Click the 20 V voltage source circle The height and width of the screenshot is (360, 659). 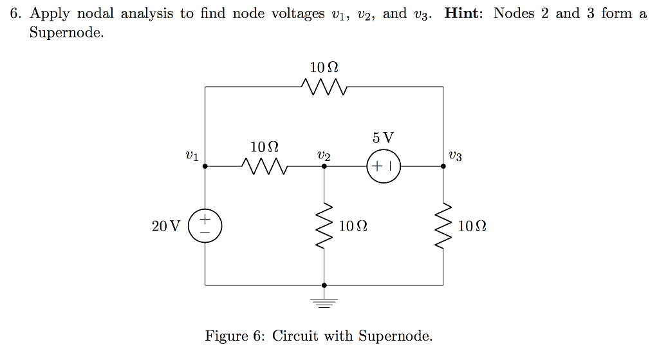pyautogui.click(x=205, y=225)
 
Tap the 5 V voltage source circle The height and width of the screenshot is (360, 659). pyautogui.click(x=384, y=166)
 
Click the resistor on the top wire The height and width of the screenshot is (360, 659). pyautogui.click(x=324, y=86)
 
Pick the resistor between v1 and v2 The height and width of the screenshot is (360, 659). pyautogui.click(x=265, y=166)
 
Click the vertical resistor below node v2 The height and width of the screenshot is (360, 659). pyautogui.click(x=324, y=225)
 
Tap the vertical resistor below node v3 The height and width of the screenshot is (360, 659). pyautogui.click(x=443, y=225)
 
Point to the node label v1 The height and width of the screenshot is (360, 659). pyautogui.click(x=191, y=155)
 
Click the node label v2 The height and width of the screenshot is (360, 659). pyautogui.click(x=324, y=155)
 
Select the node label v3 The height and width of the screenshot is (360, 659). pyautogui.click(x=455, y=155)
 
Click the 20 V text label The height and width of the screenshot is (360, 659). pyautogui.click(x=167, y=226)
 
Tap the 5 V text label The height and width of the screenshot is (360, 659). pyautogui.click(x=383, y=138)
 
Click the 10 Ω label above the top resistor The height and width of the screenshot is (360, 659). pyautogui.click(x=324, y=67)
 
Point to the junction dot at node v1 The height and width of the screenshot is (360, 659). pyautogui.click(x=205, y=166)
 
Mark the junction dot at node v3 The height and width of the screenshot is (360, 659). pyautogui.click(x=443, y=166)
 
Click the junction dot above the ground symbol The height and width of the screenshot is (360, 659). pyautogui.click(x=324, y=285)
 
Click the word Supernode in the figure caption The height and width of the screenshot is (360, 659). pyautogui.click(x=393, y=336)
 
